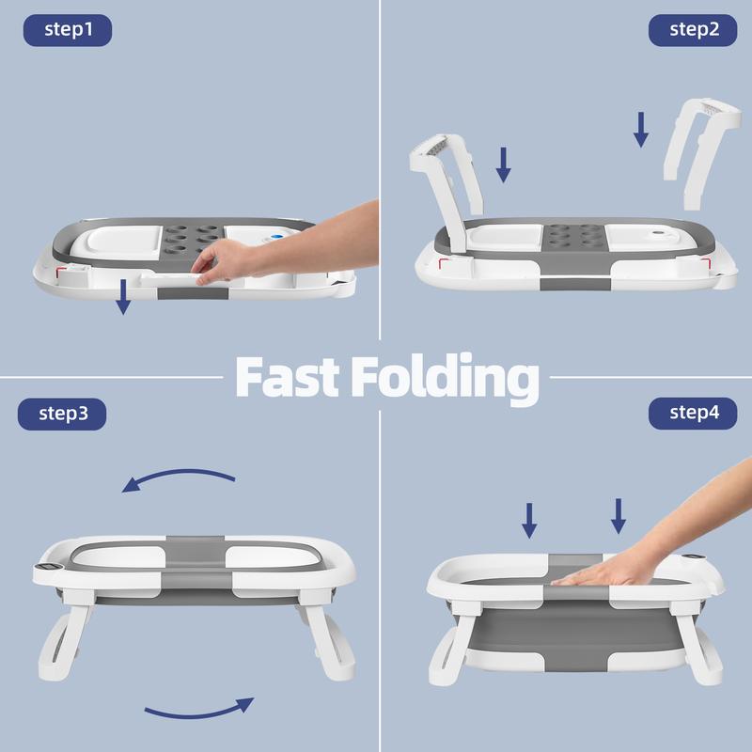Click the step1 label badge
68,30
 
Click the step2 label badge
693,30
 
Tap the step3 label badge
62,414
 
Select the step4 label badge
693,414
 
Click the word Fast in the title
288,377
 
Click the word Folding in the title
445,379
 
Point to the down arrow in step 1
123,297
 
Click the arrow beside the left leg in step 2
503,165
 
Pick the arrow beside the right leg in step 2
641,130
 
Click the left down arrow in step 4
529,521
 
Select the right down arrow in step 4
619,516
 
